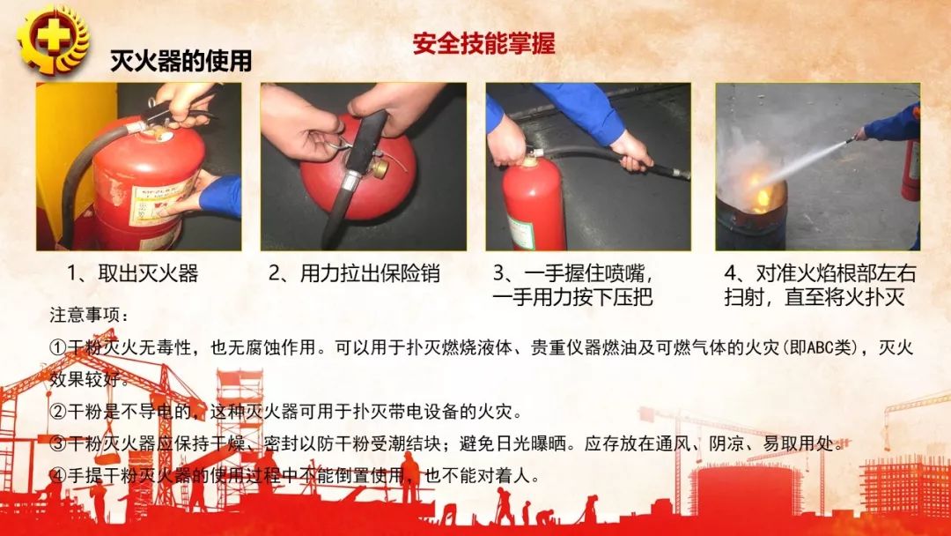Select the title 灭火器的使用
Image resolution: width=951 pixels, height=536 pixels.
click(x=181, y=61)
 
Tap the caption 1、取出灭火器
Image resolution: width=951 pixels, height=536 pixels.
click(x=132, y=273)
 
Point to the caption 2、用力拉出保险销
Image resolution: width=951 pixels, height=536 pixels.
click(x=354, y=273)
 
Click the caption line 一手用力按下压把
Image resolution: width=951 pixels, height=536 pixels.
click(x=573, y=297)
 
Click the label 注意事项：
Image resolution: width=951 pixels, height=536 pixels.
click(x=89, y=315)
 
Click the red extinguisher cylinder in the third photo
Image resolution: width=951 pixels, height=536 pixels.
click(x=533, y=207)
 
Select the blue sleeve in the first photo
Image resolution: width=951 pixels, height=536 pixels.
click(x=220, y=196)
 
